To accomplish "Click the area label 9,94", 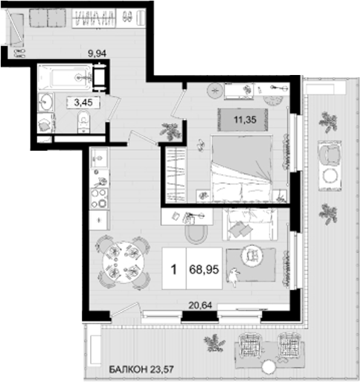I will click(97, 54).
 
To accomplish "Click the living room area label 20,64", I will click(199, 303).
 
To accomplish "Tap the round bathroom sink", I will click(46, 103).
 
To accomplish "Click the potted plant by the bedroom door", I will click(171, 132).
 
